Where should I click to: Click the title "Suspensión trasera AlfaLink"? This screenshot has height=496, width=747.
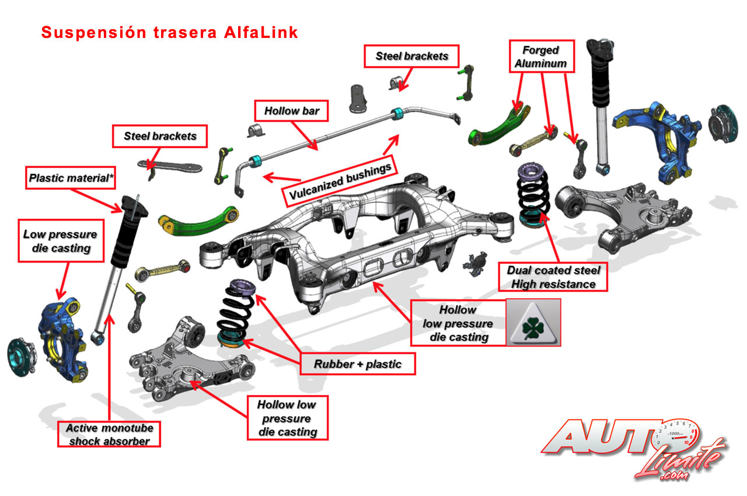169,33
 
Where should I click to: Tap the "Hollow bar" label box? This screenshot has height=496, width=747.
292,110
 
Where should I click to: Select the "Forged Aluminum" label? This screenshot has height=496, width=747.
541,57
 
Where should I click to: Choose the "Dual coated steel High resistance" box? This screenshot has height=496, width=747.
553,277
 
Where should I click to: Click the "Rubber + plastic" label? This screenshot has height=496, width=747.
358,364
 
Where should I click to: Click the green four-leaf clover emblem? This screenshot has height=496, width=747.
533,323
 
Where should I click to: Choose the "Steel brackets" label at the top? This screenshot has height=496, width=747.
411,56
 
